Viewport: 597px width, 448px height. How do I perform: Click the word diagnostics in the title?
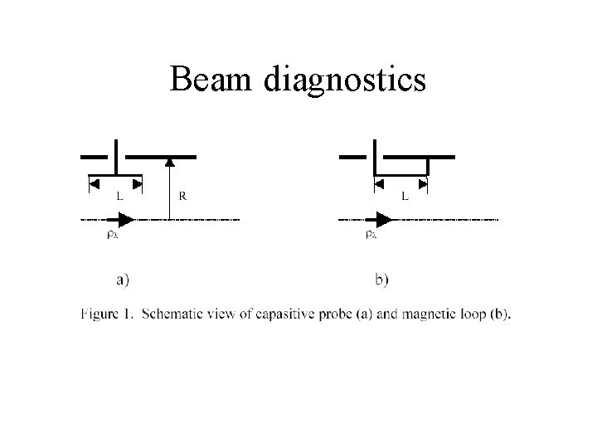click(346, 80)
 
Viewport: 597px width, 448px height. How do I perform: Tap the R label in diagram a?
click(183, 197)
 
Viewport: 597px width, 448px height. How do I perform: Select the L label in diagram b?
click(405, 197)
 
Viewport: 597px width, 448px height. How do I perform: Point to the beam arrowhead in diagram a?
click(125, 219)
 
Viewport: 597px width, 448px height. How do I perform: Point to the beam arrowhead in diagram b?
click(383, 219)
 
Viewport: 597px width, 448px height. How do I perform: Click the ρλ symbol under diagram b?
click(372, 235)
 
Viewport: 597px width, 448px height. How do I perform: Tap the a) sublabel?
click(123, 280)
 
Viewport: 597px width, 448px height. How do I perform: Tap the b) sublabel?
click(381, 280)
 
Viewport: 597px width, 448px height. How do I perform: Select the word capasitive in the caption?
click(299, 314)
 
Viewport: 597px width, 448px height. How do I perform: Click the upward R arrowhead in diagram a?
click(169, 162)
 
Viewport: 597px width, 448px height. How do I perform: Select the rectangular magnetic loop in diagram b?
click(402, 168)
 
